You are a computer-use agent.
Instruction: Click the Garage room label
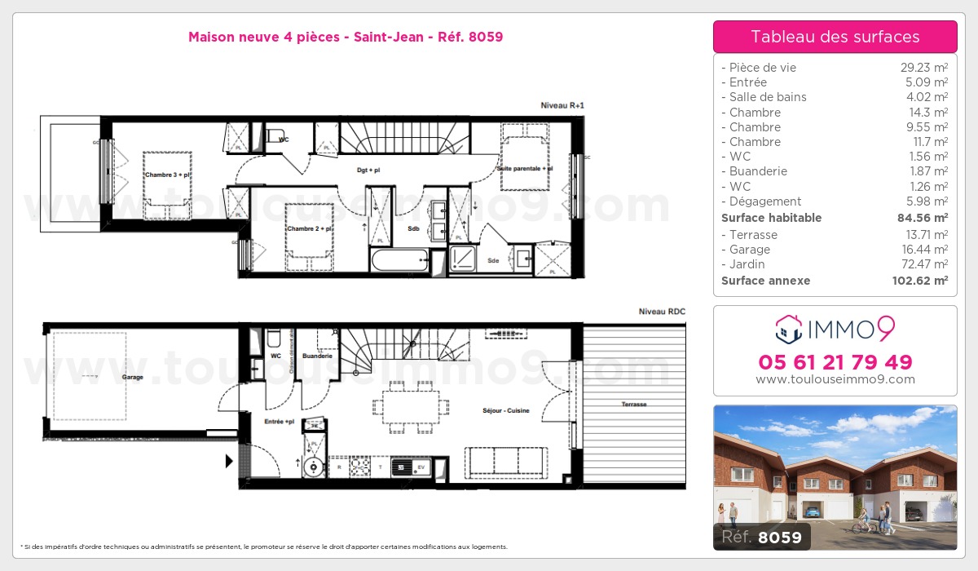pyautogui.click(x=132, y=378)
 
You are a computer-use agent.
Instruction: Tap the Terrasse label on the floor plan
pyautogui.click(x=633, y=405)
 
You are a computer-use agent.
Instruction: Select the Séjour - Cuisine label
pyautogui.click(x=505, y=410)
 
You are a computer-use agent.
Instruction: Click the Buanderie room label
pyautogui.click(x=316, y=356)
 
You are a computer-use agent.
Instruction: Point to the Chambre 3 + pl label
pyautogui.click(x=168, y=175)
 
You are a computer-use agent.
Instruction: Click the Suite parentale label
pyautogui.click(x=526, y=169)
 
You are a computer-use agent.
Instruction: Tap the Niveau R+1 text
pyautogui.click(x=562, y=105)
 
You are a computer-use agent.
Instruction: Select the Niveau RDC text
pyautogui.click(x=662, y=312)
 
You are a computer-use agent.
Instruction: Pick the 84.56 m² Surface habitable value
pyautogui.click(x=918, y=218)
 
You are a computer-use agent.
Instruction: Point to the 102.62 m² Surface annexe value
pyautogui.click(x=916, y=281)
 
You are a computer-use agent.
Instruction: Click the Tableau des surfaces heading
pyautogui.click(x=835, y=37)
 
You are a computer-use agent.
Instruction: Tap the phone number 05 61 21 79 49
pyautogui.click(x=835, y=362)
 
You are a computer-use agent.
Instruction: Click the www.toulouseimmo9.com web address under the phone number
pyautogui.click(x=835, y=379)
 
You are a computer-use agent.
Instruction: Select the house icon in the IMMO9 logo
pyautogui.click(x=787, y=330)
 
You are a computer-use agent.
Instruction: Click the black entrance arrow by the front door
pyautogui.click(x=229, y=461)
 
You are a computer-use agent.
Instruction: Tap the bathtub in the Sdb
pyautogui.click(x=399, y=262)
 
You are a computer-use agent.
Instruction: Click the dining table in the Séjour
pyautogui.click(x=410, y=405)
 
